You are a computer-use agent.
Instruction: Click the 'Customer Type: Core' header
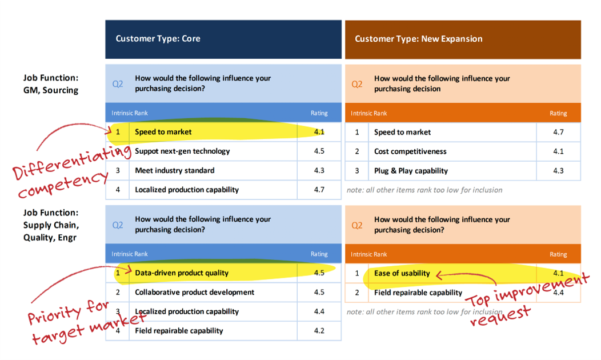click(x=158, y=39)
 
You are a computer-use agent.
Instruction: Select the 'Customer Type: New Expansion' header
click(x=419, y=39)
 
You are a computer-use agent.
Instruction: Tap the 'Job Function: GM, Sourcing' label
click(x=51, y=84)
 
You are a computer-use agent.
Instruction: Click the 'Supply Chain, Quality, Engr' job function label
click(x=51, y=225)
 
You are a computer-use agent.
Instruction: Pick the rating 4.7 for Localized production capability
click(x=319, y=189)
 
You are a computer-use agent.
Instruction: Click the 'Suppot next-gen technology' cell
click(x=182, y=151)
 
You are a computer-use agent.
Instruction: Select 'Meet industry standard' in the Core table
click(x=174, y=170)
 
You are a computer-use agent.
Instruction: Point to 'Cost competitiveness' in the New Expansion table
click(x=410, y=151)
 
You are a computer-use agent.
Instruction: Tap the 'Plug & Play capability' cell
click(x=411, y=171)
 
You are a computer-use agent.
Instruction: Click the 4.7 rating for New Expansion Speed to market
click(x=559, y=132)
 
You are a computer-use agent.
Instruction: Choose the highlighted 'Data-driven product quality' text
click(x=182, y=273)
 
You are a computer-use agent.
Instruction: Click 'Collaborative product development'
click(x=194, y=292)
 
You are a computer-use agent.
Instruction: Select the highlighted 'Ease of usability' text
click(x=402, y=273)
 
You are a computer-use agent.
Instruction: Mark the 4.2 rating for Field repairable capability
click(x=319, y=330)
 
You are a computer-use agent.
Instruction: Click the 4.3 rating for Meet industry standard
click(x=319, y=170)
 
